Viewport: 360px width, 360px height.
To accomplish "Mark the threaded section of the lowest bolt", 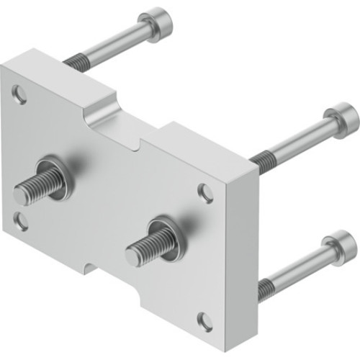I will (x=265, y=287).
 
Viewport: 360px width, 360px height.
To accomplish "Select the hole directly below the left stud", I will (x=22, y=220).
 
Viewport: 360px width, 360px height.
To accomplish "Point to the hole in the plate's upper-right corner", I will (x=206, y=192).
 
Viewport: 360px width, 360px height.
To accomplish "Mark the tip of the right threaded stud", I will (x=132, y=256).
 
